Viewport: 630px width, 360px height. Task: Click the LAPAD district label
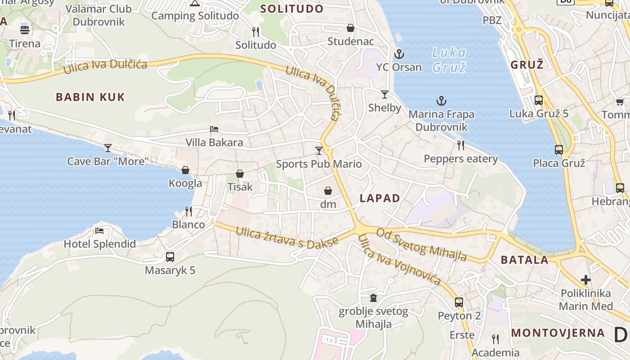tap(380, 198)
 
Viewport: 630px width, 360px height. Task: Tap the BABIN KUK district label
tap(90, 97)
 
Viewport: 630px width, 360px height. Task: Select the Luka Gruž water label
tap(449, 60)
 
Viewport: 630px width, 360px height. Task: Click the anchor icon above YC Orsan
tap(399, 54)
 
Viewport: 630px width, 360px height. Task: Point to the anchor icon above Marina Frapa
tap(441, 101)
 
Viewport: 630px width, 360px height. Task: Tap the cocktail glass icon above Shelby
tap(384, 94)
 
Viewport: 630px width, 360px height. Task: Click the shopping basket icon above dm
tap(328, 191)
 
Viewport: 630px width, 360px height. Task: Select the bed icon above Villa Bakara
tap(214, 129)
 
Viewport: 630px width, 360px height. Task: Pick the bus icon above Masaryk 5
tap(170, 257)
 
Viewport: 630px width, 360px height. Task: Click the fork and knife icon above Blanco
tap(189, 211)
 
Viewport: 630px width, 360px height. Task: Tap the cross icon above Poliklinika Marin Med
tap(585, 280)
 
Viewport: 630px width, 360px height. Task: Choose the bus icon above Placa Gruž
tap(558, 150)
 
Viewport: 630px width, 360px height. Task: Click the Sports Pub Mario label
tap(319, 164)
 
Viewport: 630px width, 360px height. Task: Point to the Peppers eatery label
tap(461, 159)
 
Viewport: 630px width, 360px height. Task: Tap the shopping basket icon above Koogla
tap(185, 170)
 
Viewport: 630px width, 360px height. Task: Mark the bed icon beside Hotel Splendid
tap(99, 231)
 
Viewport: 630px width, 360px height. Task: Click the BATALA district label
tap(525, 260)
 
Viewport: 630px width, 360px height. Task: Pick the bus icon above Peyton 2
tap(459, 302)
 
